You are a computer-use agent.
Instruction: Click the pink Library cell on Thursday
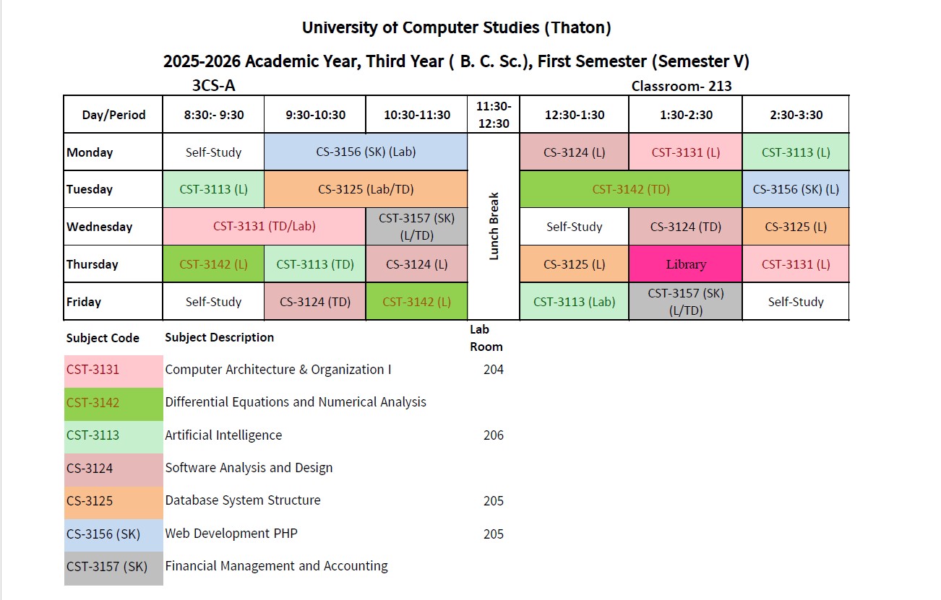tap(685, 264)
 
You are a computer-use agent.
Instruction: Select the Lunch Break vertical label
tap(494, 226)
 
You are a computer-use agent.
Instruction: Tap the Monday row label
tap(90, 152)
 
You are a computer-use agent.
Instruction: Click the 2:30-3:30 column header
tap(795, 115)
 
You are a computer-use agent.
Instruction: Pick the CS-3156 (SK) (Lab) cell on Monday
tap(366, 152)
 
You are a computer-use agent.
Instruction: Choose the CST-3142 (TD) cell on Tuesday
tap(631, 189)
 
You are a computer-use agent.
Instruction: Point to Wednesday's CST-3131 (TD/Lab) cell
tap(265, 226)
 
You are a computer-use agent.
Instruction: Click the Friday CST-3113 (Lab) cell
tap(574, 302)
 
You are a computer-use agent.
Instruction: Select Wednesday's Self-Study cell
tap(574, 227)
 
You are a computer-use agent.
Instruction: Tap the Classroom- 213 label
tap(682, 87)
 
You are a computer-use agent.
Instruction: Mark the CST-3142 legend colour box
tap(113, 402)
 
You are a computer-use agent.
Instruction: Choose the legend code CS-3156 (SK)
tap(102, 534)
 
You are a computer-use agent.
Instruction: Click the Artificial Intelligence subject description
tap(223, 435)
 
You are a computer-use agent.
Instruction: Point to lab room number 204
tap(494, 370)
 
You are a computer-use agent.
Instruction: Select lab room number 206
tap(494, 435)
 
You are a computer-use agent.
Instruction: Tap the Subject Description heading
tap(219, 337)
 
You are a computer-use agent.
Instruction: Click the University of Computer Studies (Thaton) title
tap(457, 28)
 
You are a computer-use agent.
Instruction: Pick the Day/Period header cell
tap(113, 115)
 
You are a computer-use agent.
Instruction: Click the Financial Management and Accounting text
tap(276, 566)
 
